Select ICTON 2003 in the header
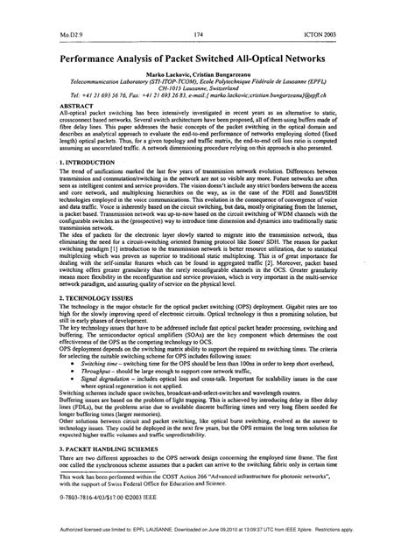(x=348, y=35)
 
